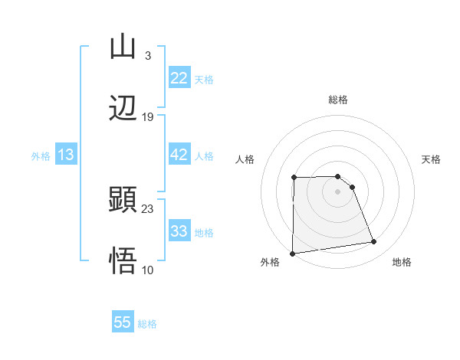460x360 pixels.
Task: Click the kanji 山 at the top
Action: pyautogui.click(x=123, y=47)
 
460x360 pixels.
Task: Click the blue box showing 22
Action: pyautogui.click(x=179, y=78)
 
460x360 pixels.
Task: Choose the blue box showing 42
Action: pyautogui.click(x=179, y=155)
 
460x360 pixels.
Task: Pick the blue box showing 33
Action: pyautogui.click(x=179, y=231)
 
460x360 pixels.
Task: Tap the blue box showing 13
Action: pyautogui.click(x=66, y=155)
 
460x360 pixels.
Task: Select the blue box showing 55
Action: pyautogui.click(x=123, y=322)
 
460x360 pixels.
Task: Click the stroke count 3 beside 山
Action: pyautogui.click(x=147, y=56)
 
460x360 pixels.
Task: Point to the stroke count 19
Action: pyautogui.click(x=148, y=117)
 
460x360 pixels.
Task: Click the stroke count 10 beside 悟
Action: pyautogui.click(x=148, y=270)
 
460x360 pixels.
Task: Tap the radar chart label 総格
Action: pyautogui.click(x=338, y=100)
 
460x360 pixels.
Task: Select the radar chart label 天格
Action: pyautogui.click(x=432, y=159)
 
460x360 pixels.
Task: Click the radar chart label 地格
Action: pyautogui.click(x=402, y=263)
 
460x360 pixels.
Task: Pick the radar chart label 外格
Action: pyautogui.click(x=270, y=263)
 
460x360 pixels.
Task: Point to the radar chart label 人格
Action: pyautogui.click(x=245, y=159)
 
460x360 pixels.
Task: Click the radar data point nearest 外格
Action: pyautogui.click(x=292, y=253)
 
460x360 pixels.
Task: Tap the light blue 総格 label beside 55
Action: pyautogui.click(x=147, y=324)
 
